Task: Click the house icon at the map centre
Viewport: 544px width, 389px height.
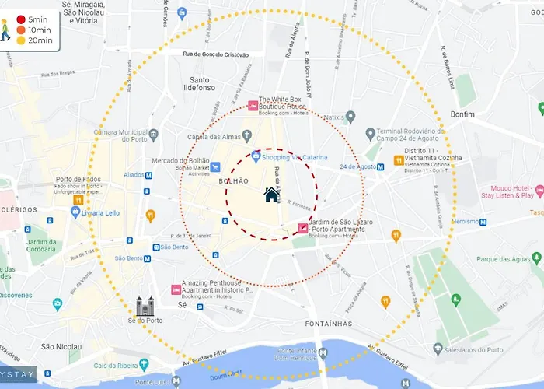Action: (x=271, y=194)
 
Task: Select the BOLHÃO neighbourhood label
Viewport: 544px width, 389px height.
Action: (x=234, y=181)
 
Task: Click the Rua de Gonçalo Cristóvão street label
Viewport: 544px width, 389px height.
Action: (x=215, y=54)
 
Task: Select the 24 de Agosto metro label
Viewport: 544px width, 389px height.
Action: (x=357, y=167)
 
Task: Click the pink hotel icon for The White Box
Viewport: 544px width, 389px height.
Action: (x=252, y=106)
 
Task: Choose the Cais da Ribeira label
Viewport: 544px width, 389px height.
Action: (x=117, y=366)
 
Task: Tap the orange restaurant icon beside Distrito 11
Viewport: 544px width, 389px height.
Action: (x=398, y=161)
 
